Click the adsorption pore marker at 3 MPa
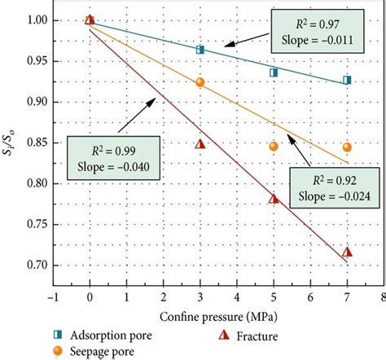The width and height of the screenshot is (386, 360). (x=200, y=50)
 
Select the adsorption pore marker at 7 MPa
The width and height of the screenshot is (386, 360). (x=347, y=80)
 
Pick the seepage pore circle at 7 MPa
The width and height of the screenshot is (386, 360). (x=347, y=147)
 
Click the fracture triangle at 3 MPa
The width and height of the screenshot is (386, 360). (x=200, y=144)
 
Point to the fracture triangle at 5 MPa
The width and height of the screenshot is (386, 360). (x=274, y=198)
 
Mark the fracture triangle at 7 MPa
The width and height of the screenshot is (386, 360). (x=347, y=252)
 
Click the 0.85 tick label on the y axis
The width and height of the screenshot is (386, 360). (x=32, y=143)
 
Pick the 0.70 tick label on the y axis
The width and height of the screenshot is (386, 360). (x=32, y=265)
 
